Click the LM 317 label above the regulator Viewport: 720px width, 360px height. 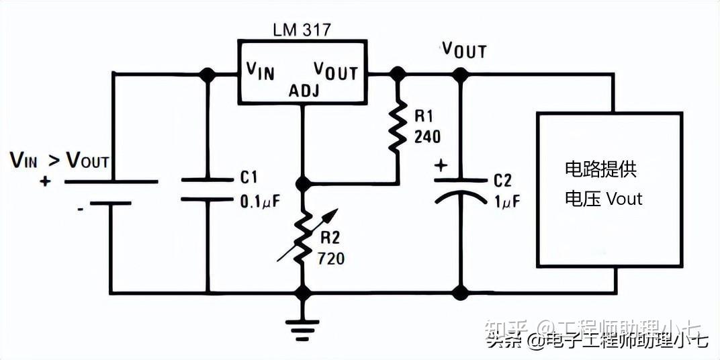tap(302, 30)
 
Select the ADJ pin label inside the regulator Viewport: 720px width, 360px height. tap(304, 91)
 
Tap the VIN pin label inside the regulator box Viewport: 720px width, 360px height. tap(261, 70)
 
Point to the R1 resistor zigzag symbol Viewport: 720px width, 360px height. tap(398, 124)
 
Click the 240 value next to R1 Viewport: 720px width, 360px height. tap(427, 137)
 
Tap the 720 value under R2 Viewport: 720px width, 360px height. tap(332, 257)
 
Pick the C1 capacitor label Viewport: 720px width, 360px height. tap(249, 177)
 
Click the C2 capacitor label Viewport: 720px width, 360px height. tap(502, 181)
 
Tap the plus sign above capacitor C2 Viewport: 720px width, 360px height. tap(441, 165)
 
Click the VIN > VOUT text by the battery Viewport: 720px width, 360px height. tap(59, 160)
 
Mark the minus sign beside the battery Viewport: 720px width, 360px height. tap(80, 209)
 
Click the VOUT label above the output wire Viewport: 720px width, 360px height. tap(463, 49)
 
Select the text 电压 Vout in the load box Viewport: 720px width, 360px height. tap(602, 199)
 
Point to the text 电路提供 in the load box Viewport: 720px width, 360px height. tap(600, 169)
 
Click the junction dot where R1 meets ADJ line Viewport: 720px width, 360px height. tap(304, 183)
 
